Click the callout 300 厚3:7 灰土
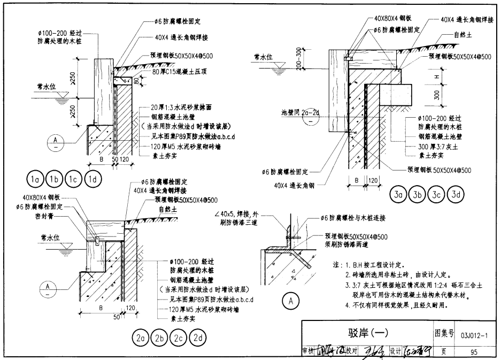point(436,147)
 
